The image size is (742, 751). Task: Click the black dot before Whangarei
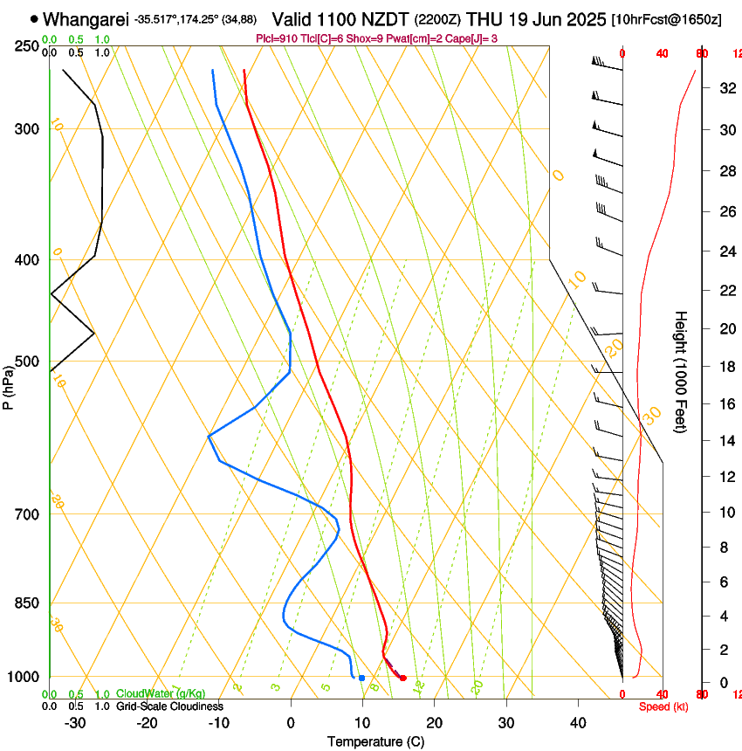point(34,18)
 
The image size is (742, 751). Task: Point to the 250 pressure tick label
point(27,45)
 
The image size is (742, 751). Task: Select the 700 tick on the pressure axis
point(27,514)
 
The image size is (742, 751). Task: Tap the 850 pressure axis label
point(27,603)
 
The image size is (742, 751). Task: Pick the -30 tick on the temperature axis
point(75,722)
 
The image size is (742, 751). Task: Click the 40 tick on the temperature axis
point(578,722)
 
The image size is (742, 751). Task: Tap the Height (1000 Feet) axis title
point(682,371)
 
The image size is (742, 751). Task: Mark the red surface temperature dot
point(402,678)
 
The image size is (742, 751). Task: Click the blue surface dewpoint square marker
point(361,678)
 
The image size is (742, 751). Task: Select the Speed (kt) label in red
point(663,706)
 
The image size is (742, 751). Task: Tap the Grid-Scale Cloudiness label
point(169,706)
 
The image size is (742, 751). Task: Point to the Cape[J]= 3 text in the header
point(479,38)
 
